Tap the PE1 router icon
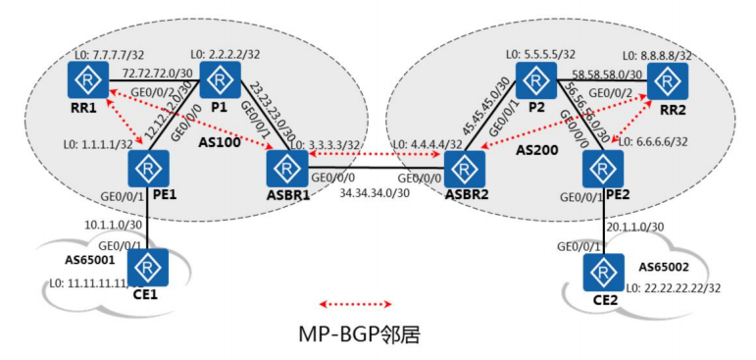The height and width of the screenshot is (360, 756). click(x=147, y=169)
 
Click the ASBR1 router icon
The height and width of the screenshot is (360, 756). click(x=286, y=169)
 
